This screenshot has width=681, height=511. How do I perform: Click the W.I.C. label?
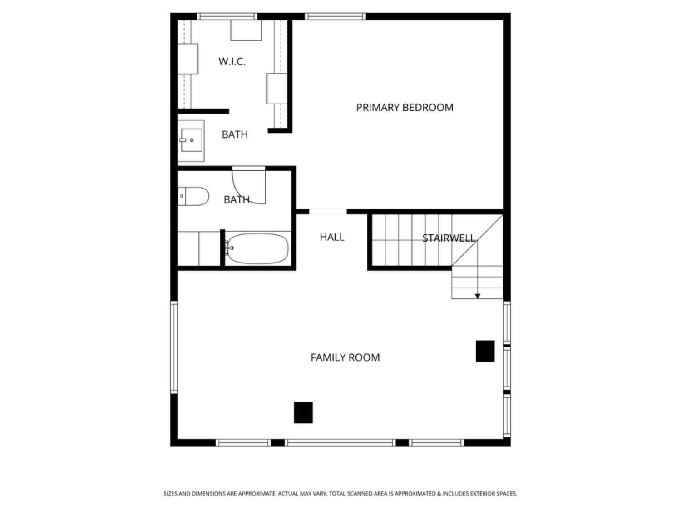coord(232,61)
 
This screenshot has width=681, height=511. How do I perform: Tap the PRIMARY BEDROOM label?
coord(405,107)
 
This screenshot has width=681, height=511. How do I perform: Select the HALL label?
coord(332,237)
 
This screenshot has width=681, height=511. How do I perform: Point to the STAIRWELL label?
coord(449,238)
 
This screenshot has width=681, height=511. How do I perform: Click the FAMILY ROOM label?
coord(345,357)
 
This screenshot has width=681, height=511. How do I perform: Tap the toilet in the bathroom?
coord(193,196)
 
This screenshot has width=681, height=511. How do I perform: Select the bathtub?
coord(257,248)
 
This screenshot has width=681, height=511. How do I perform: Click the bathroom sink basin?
coord(192,140)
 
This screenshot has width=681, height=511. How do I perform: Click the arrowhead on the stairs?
coord(478,296)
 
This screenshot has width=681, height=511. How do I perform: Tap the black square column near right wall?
coord(485,351)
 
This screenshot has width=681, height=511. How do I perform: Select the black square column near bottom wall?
coord(303,412)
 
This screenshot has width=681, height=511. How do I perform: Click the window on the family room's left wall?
coord(174,347)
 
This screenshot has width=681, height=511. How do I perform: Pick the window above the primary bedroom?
coord(335,16)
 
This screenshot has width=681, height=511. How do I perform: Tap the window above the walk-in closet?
coord(227,16)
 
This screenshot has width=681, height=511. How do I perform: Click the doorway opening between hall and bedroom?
coord(328,212)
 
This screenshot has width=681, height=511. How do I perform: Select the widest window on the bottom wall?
coord(340,442)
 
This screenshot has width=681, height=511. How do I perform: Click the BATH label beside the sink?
coord(235,134)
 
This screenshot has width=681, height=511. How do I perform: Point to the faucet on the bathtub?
coord(229,248)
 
